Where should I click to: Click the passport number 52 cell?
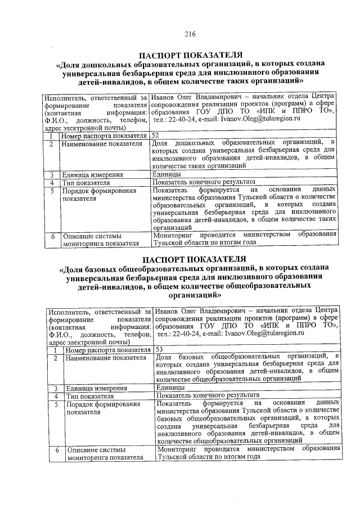156,136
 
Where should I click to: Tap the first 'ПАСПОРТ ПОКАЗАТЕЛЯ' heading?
191,55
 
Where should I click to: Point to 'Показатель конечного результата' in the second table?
208,396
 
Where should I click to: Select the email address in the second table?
264,333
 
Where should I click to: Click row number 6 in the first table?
51,236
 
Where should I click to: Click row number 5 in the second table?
56,404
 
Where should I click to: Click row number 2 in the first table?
51,144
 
